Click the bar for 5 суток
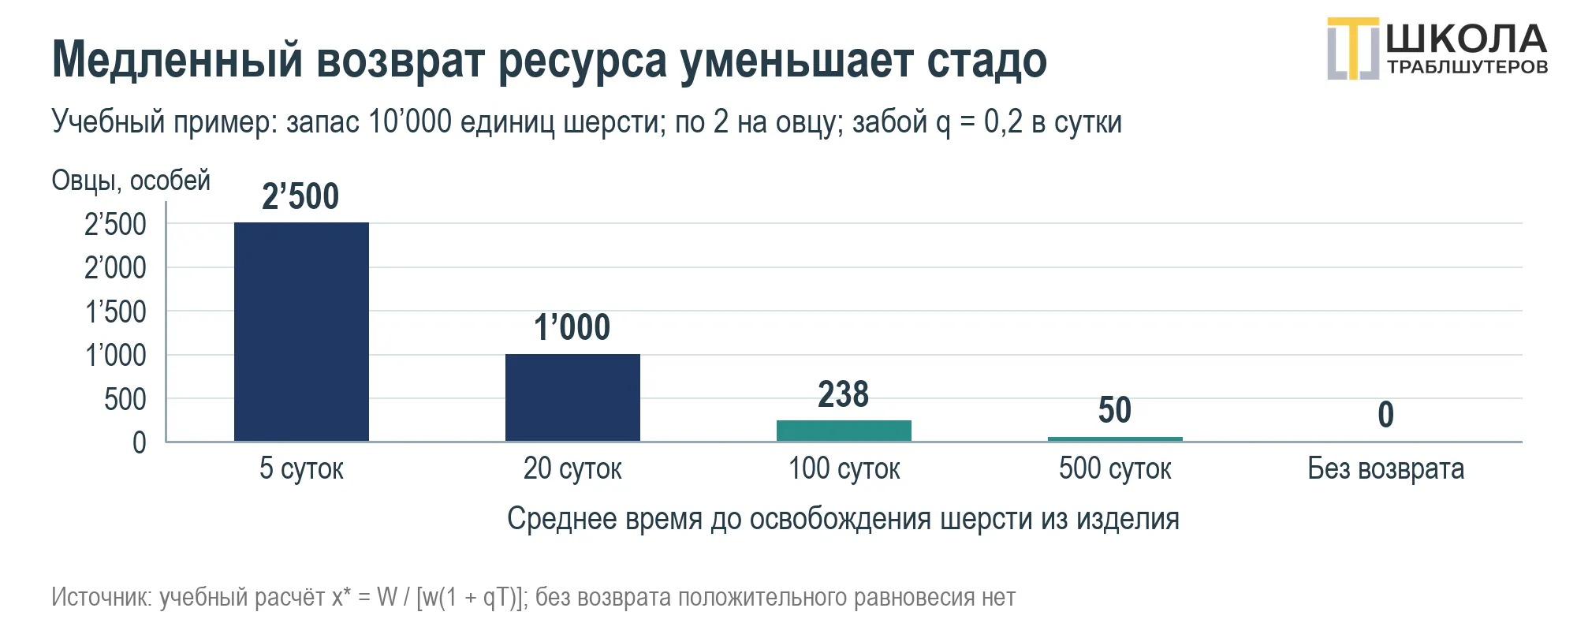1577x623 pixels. [301, 331]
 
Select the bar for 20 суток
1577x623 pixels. [572, 397]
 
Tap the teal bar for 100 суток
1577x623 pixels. [844, 431]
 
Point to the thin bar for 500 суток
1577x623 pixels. [1115, 438]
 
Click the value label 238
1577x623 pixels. [843, 394]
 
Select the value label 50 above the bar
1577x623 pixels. [1115, 410]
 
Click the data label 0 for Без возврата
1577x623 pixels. [1385, 415]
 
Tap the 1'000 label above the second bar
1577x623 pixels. [572, 327]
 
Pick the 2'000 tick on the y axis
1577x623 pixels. [115, 268]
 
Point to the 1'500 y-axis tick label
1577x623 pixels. [115, 312]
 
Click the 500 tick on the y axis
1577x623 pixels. [125, 400]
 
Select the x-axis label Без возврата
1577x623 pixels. [1385, 468]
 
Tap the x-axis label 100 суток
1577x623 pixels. [844, 468]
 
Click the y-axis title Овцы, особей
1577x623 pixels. [131, 181]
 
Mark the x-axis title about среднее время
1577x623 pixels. [843, 519]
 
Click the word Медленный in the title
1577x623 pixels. [177, 59]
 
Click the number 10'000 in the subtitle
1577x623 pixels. [409, 121]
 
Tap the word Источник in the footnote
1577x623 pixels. [101, 597]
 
